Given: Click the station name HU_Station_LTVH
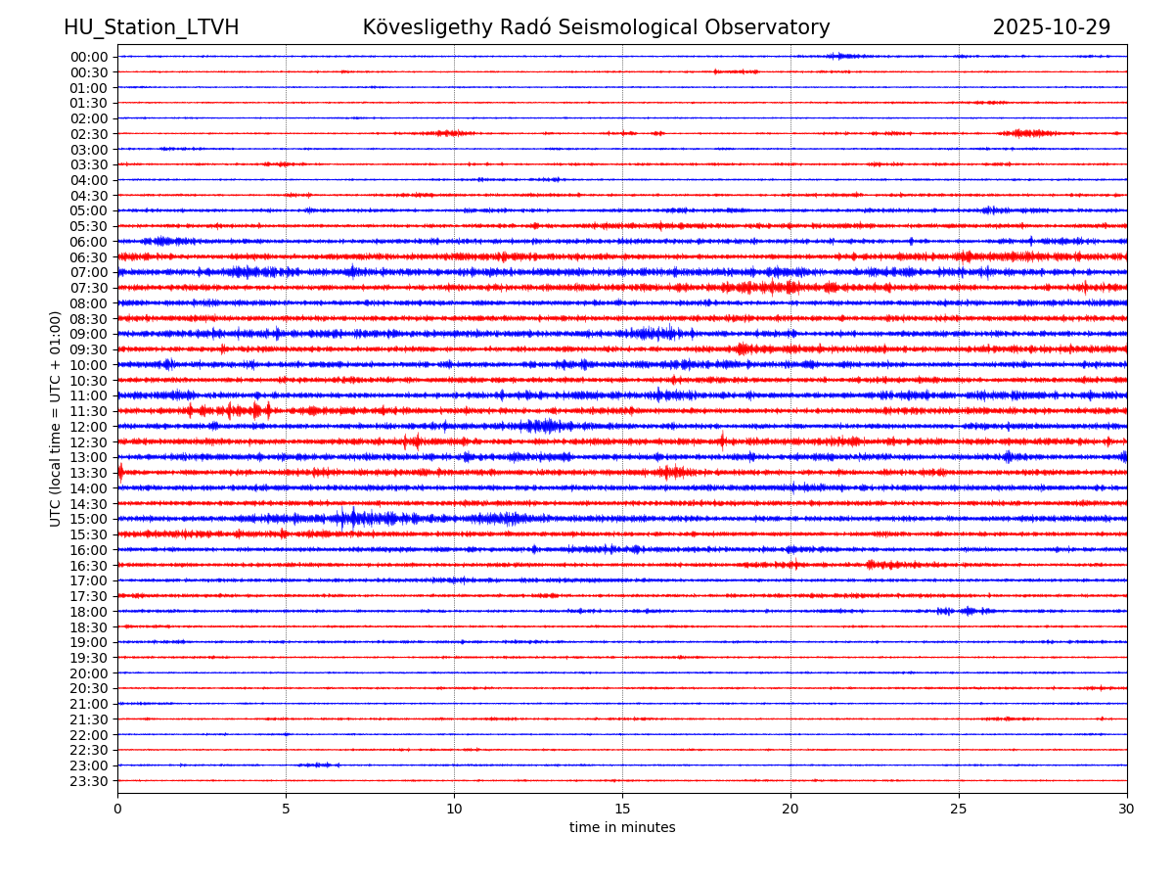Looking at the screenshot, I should pos(151,27).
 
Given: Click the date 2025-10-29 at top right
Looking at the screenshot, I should pos(1051,27).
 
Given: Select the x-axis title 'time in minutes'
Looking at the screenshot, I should pos(622,828).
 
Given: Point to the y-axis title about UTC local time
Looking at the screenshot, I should pos(56,418).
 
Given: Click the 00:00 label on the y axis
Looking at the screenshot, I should pos(89,57).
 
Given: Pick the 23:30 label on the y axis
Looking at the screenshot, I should pos(89,781).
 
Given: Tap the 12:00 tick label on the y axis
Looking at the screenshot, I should pos(89,427).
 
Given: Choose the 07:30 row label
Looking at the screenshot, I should pos(89,288).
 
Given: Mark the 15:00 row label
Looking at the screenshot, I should pos(89,519).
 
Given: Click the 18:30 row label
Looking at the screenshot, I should pos(89,626).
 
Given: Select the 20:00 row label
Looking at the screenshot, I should pos(89,673).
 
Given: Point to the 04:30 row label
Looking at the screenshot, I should pos(89,196).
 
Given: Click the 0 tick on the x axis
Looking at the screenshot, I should pos(117,809).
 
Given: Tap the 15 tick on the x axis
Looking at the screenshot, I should pos(622,809).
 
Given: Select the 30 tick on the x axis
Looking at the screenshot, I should pos(1127,809).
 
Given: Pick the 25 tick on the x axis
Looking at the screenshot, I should pos(959,809).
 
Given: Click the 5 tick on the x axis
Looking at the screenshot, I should pos(286,809).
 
